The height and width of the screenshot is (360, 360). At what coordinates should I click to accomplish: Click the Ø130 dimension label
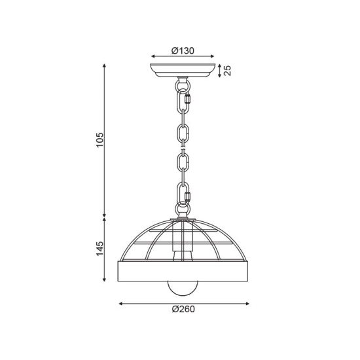click(183, 50)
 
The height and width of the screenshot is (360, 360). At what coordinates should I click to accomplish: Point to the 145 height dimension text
click(100, 251)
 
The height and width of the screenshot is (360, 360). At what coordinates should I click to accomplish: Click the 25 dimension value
click(228, 70)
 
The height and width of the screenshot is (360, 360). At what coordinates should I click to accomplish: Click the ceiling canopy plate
click(183, 70)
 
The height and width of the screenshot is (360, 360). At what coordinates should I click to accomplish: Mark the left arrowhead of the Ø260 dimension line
click(121, 304)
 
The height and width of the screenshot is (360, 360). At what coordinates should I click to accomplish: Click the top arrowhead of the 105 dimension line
click(105, 65)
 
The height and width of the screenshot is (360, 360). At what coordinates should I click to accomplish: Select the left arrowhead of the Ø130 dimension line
click(153, 57)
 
